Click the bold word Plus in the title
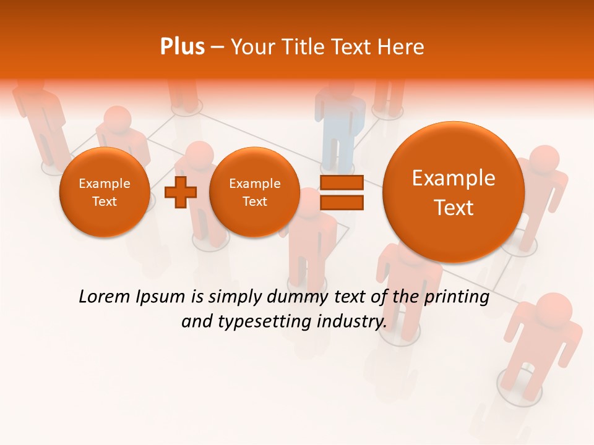(x=182, y=46)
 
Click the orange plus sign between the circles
(x=180, y=192)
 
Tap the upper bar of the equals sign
(x=341, y=183)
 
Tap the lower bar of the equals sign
(x=341, y=203)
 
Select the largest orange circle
(x=454, y=192)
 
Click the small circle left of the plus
(x=104, y=192)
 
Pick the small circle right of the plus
(x=254, y=192)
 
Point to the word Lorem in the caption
(x=101, y=297)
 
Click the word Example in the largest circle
(x=454, y=178)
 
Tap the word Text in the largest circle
(x=454, y=208)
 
